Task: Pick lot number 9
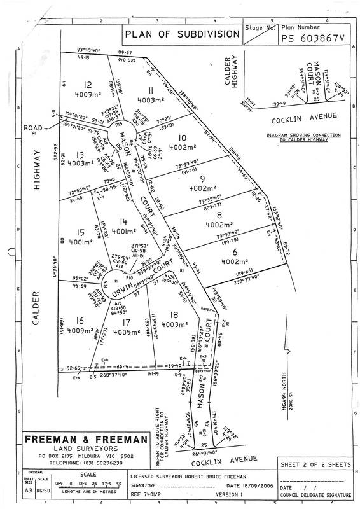(x=202, y=179)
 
